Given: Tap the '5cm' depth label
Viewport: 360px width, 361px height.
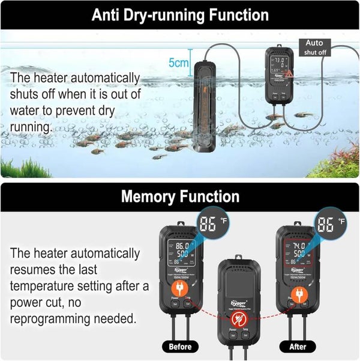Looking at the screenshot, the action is tap(179, 62).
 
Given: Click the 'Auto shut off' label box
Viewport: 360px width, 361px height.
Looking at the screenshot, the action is tap(314, 47).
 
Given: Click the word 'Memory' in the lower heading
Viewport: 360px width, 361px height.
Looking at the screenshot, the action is tap(148, 196).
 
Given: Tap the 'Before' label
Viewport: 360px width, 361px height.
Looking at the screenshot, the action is tap(179, 346).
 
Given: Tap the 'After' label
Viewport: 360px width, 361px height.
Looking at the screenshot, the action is tap(298, 346).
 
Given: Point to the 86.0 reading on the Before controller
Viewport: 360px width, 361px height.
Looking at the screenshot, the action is tap(182, 246).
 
